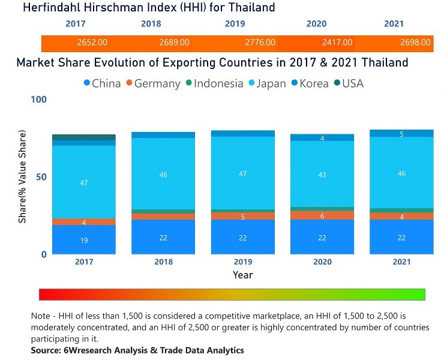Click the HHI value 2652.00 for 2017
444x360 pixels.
click(92, 43)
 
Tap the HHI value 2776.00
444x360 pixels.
click(260, 43)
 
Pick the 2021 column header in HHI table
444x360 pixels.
click(394, 24)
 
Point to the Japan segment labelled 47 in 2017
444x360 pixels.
click(83, 182)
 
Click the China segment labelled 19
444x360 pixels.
click(83, 240)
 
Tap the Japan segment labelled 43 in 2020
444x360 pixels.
click(322, 175)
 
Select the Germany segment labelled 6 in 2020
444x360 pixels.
click(322, 216)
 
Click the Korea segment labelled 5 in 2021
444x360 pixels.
click(401, 134)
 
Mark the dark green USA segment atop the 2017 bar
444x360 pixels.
click(83, 137)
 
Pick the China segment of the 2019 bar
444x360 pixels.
click(242, 238)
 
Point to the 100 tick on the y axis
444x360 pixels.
click(38, 100)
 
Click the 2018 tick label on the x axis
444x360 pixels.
click(163, 262)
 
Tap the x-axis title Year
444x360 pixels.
click(242, 275)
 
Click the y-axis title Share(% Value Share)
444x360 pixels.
click(22, 176)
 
